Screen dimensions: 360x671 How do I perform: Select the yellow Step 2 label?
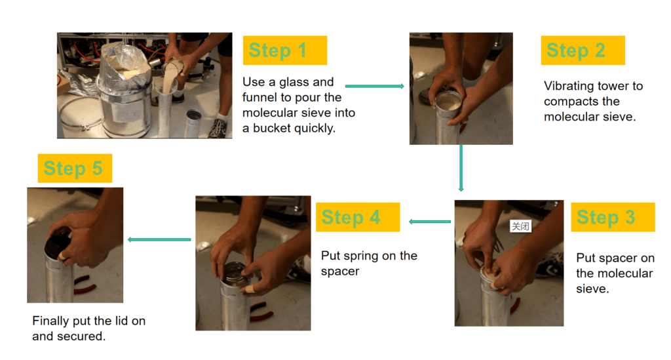pos(583,50)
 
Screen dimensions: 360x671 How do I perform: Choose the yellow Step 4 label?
pos(357,217)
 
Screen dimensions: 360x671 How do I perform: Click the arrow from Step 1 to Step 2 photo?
pos(374,86)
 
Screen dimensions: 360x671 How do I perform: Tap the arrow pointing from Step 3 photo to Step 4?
pos(430,222)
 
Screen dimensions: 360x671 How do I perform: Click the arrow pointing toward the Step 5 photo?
pos(159,239)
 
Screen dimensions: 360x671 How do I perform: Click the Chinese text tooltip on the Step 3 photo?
pos(520,226)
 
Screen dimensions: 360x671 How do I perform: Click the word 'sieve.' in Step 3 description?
pos(592,289)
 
